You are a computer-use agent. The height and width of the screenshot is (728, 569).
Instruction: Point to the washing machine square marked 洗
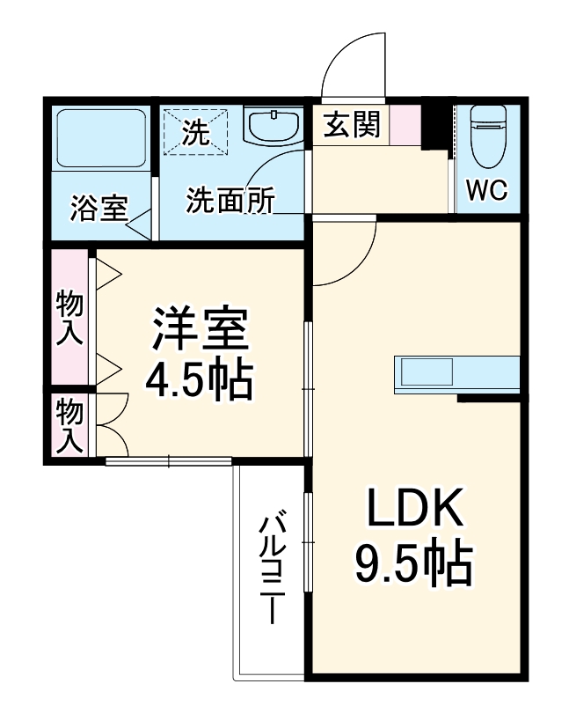(196, 132)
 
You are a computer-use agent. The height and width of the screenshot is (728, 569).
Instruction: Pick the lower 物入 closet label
(69, 425)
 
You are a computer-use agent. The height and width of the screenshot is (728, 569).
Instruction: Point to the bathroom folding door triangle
(141, 220)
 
